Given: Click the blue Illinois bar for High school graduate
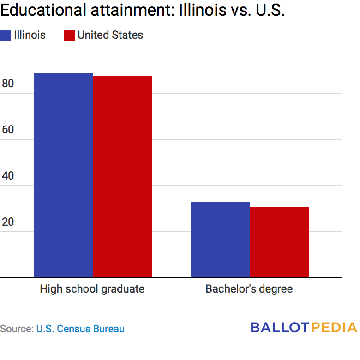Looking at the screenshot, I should [x=63, y=175].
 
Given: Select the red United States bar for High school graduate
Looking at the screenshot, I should [x=122, y=177].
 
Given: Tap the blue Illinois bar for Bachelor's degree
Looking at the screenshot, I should [x=220, y=240].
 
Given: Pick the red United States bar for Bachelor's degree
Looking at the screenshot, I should [x=279, y=242].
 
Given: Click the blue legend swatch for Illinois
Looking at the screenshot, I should [x=6, y=35].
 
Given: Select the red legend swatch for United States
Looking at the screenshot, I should [x=69, y=35].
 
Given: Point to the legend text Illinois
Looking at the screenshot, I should [x=30, y=35].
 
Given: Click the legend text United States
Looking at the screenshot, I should [x=110, y=35].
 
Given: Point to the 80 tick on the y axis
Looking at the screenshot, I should [x=8, y=84].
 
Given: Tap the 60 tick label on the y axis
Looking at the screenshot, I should [x=8, y=130].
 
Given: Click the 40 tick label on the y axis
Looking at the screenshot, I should [x=8, y=176].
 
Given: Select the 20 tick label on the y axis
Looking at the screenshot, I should [x=8, y=222].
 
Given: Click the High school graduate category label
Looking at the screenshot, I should [x=92, y=289].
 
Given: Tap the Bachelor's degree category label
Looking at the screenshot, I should [x=249, y=289].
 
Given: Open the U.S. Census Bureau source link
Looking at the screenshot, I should [x=81, y=329].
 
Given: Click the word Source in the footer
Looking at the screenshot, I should [x=16, y=329].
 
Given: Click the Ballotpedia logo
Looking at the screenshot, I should [x=304, y=328].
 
